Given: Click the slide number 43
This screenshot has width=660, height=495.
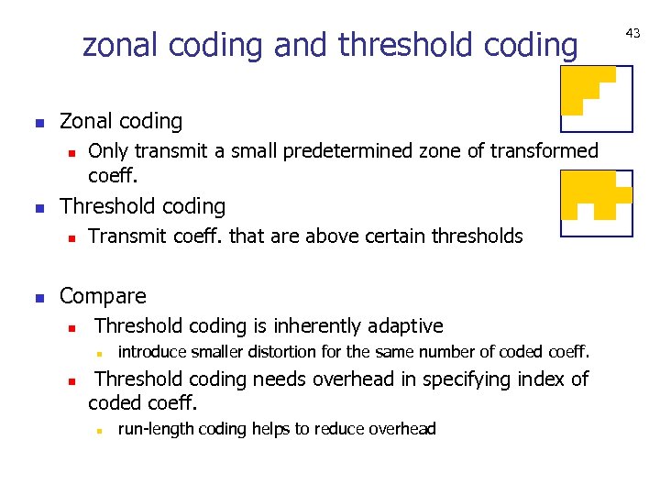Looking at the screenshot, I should tap(632, 33).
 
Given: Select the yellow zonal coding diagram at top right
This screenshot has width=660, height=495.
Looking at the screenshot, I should tap(597, 99).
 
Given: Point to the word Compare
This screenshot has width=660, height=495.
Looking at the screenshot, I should tap(103, 296).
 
